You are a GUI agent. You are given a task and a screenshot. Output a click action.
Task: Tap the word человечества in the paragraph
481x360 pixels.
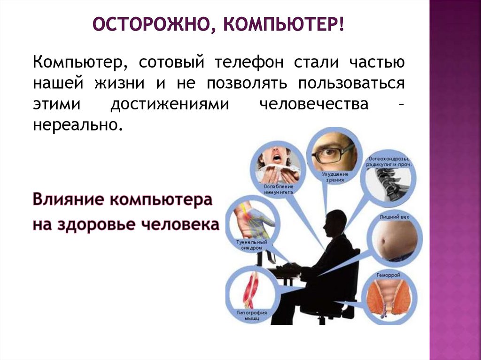tap(314, 104)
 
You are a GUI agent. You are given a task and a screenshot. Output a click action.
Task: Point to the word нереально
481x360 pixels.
tap(74, 125)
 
